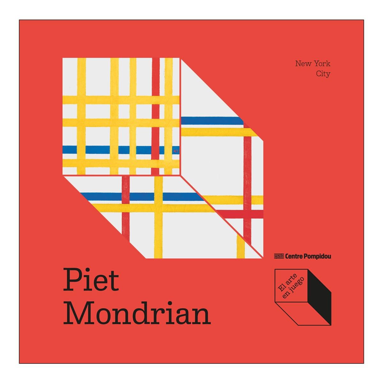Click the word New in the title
[x=303, y=64]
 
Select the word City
[x=323, y=74]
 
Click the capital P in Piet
[x=71, y=280]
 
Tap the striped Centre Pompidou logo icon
[x=279, y=256]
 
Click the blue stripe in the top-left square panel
[x=96, y=150]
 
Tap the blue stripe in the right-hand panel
[x=211, y=121]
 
